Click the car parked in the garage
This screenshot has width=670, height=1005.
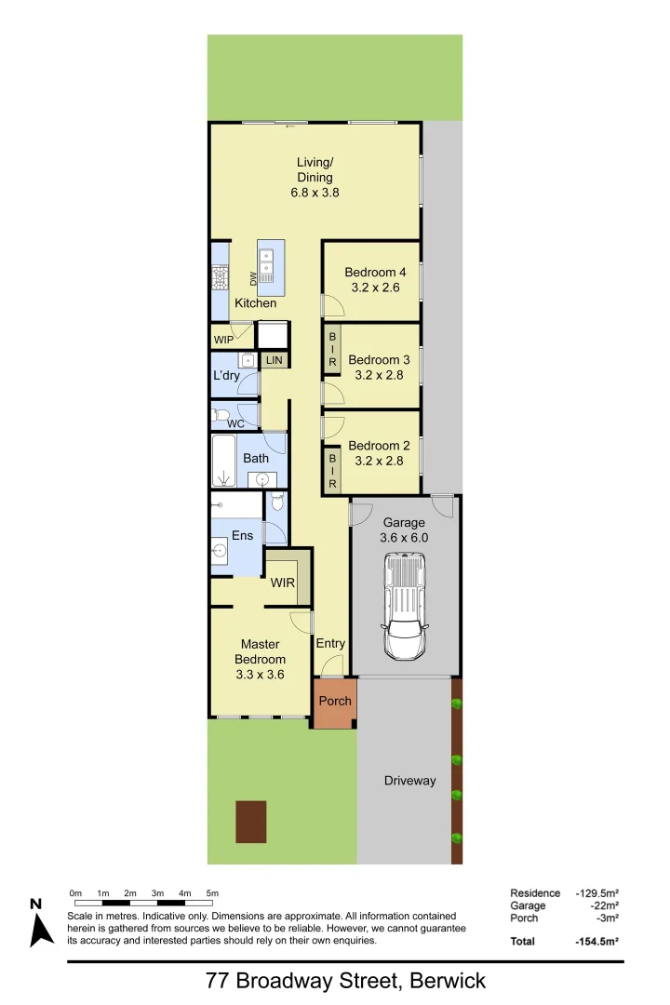[405, 606]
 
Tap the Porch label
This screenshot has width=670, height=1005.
[335, 701]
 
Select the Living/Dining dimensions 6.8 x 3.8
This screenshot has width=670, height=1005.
[315, 194]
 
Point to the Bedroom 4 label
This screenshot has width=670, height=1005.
[375, 272]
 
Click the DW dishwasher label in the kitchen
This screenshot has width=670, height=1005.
[252, 277]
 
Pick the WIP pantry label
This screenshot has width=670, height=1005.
[223, 340]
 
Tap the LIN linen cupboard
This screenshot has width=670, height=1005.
[274, 359]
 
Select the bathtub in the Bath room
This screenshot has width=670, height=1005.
[222, 462]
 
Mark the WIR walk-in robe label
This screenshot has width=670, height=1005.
[283, 583]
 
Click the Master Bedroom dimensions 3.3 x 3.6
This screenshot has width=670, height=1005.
[261, 675]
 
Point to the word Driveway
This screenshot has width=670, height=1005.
[409, 781]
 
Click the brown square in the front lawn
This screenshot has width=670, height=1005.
[251, 822]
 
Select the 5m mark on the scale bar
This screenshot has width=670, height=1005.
[213, 893]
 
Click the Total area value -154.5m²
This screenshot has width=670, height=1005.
[596, 941]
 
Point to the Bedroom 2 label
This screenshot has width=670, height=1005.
[379, 446]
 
